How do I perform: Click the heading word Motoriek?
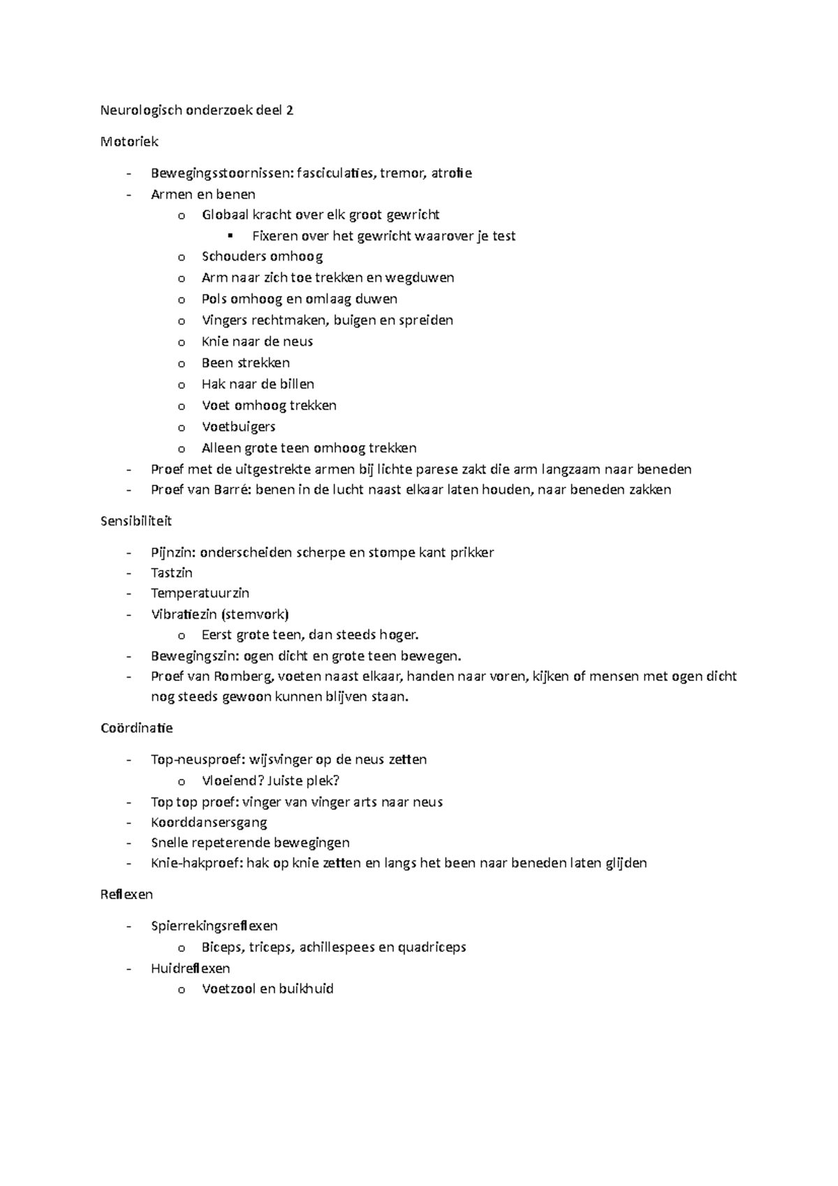(129, 142)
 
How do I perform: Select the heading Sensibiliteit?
(136, 521)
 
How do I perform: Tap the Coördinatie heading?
(137, 728)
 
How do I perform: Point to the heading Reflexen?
(126, 895)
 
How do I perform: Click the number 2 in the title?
(289, 110)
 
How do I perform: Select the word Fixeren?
(274, 236)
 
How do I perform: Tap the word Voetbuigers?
(238, 427)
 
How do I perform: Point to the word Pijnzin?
(173, 552)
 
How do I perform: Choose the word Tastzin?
(172, 573)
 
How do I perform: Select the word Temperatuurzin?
(200, 593)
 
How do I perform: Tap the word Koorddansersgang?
(209, 823)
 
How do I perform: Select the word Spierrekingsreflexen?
(214, 926)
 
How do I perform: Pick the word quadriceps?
(432, 948)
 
